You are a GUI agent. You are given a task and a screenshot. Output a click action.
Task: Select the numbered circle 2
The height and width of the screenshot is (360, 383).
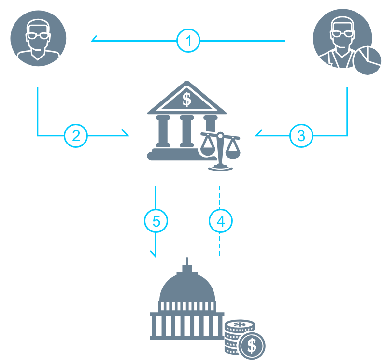(x=76, y=135)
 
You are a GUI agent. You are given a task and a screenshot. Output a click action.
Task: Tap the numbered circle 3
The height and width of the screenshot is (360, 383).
(x=301, y=135)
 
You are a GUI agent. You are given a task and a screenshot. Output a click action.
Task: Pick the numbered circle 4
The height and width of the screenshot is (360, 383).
(x=220, y=221)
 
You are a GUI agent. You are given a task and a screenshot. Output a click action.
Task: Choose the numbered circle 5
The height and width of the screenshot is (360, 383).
(x=156, y=221)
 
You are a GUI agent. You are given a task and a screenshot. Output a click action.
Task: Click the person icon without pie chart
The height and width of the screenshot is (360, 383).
(x=38, y=38)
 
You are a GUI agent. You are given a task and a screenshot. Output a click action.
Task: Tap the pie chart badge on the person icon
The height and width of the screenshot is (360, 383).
(x=368, y=60)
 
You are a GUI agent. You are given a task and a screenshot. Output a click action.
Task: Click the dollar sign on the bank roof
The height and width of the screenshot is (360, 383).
(x=187, y=100)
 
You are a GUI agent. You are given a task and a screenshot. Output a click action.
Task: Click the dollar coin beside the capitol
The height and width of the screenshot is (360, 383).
(x=252, y=345)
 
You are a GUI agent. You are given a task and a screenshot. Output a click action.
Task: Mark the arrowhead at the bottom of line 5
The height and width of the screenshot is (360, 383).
(x=155, y=254)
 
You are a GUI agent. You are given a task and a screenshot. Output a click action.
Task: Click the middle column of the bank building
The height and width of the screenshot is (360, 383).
(x=187, y=132)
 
